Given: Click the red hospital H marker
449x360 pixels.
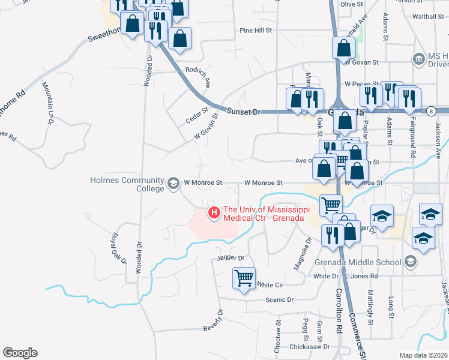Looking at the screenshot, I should (x=212, y=212).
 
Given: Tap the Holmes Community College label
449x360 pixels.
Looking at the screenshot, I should (x=127, y=184).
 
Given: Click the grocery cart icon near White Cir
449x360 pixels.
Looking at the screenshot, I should (x=244, y=278).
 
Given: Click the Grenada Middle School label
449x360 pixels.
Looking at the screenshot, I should (x=358, y=262).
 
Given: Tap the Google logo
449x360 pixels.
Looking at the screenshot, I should (x=20, y=353).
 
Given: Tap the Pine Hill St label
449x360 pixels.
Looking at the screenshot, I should (x=256, y=29).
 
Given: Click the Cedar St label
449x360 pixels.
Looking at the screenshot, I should (x=196, y=115).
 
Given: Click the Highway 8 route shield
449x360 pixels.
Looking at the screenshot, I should (x=431, y=111).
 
